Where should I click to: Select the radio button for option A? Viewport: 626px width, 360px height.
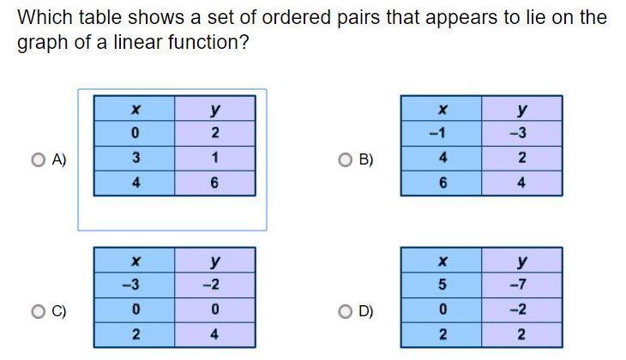[x=39, y=159]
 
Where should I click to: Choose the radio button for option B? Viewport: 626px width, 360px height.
[x=346, y=159]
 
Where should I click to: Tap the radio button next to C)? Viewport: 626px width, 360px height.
[x=39, y=311]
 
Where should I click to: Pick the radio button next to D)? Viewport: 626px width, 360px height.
[x=346, y=311]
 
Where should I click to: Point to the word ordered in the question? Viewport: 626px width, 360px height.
[x=296, y=17]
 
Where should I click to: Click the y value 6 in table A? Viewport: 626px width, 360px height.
[x=214, y=183]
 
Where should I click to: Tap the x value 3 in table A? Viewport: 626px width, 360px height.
[x=135, y=158]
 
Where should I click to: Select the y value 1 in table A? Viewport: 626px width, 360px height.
[x=214, y=158]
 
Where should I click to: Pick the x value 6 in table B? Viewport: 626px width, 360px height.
[x=442, y=183]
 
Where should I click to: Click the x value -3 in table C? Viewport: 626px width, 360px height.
[x=131, y=285]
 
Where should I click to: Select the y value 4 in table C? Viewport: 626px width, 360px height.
[x=214, y=334]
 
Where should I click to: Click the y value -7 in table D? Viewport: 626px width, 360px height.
[x=518, y=285]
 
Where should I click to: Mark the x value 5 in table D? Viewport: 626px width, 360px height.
[x=442, y=285]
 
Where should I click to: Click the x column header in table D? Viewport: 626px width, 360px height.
[x=442, y=261]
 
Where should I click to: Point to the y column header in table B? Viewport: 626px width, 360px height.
[x=521, y=110]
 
